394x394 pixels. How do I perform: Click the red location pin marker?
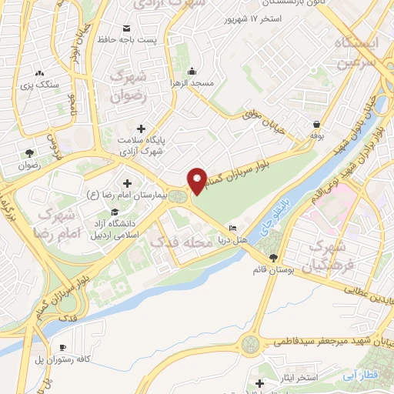[198, 179]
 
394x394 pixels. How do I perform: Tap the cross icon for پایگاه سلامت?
[139, 129]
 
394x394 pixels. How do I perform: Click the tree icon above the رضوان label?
[29, 152]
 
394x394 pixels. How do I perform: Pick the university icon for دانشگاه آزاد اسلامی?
[115, 212]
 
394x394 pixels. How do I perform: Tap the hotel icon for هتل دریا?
[233, 229]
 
